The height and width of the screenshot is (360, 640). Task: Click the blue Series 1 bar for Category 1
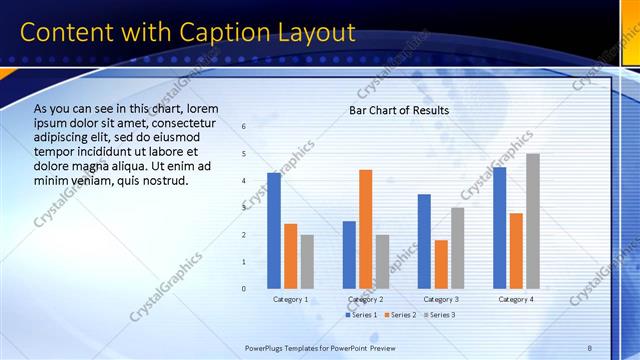pyautogui.click(x=274, y=231)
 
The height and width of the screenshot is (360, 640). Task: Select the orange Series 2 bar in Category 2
pyautogui.click(x=365, y=229)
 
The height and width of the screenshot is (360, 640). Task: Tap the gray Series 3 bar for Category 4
pyautogui.click(x=533, y=221)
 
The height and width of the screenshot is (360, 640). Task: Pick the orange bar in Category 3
pyautogui.click(x=441, y=264)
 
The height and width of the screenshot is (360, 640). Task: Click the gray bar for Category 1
pyautogui.click(x=307, y=262)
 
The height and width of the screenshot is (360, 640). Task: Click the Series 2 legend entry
pyautogui.click(x=402, y=315)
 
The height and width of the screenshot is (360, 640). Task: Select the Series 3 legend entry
pyautogui.click(x=440, y=315)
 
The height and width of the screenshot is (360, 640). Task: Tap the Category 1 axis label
pyautogui.click(x=291, y=299)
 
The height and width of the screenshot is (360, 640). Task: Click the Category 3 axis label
pyautogui.click(x=441, y=299)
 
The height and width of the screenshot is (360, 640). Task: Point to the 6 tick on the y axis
pyautogui.click(x=244, y=127)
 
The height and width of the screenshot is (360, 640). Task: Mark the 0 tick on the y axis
pyautogui.click(x=244, y=289)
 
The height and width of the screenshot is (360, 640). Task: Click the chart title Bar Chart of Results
pyautogui.click(x=398, y=110)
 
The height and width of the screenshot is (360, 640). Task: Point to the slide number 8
pyautogui.click(x=590, y=347)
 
